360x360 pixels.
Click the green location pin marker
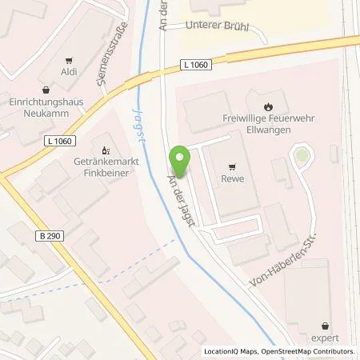pos(182,161)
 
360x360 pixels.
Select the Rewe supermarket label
pos(232,179)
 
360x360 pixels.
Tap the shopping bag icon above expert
pos(325,326)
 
